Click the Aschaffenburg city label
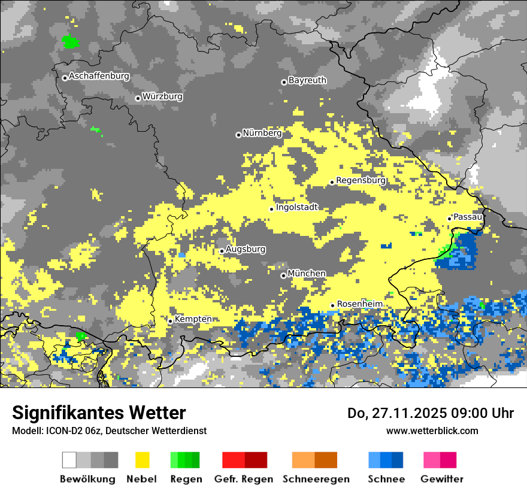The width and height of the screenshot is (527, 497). (99, 77)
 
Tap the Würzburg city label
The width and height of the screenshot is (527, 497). (162, 96)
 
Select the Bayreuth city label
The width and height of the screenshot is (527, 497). (307, 80)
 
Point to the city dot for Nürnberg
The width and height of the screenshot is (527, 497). (238, 135)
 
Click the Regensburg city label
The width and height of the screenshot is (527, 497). (361, 180)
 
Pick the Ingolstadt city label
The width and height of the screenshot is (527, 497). (296, 208)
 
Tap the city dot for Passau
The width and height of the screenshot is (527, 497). (449, 219)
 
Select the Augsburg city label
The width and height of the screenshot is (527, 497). (246, 249)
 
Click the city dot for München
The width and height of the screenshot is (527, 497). (283, 275)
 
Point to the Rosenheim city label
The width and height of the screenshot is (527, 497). (359, 304)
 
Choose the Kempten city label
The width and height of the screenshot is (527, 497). (193, 319)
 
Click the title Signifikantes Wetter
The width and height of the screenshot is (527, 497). (99, 413)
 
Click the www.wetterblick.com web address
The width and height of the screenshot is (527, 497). (432, 431)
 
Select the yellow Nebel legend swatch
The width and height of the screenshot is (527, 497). (142, 460)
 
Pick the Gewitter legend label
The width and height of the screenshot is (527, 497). (442, 479)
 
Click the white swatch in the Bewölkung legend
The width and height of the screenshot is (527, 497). (69, 460)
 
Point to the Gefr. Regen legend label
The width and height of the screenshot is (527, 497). (244, 479)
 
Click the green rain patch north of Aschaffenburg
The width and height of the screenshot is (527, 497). (71, 42)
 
